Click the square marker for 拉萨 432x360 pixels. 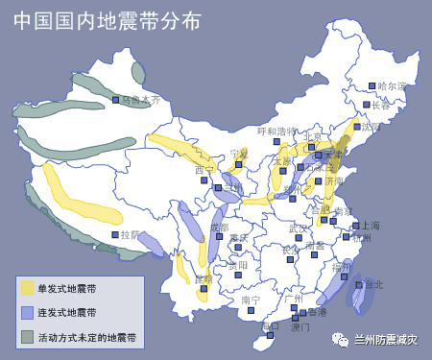tap(114, 234)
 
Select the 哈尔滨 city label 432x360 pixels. tap(393, 86)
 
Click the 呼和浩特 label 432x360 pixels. tap(279, 131)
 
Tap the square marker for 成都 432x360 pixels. tap(208, 228)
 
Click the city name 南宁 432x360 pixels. tap(251, 300)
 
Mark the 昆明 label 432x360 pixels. tap(203, 279)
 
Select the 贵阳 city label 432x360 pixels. tap(238, 265)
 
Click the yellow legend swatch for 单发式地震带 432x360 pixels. tap(27, 288)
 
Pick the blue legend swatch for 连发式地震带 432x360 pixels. tap(27, 313)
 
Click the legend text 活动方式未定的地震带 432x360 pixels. tap(86, 338)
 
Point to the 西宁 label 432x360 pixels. tap(204, 171)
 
